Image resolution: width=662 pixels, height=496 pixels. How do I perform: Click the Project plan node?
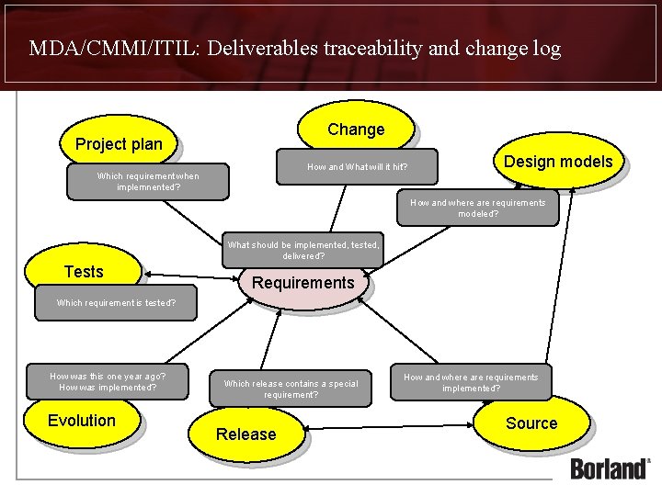(x=119, y=144)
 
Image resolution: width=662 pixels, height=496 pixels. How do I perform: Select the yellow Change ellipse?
(x=356, y=130)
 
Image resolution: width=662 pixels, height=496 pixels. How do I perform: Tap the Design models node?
(x=557, y=162)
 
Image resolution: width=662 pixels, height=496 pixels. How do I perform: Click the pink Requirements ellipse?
(x=302, y=283)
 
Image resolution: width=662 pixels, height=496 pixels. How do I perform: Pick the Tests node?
(x=84, y=272)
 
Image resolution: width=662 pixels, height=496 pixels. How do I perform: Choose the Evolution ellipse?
(x=82, y=421)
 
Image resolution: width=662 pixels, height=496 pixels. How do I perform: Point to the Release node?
(x=245, y=434)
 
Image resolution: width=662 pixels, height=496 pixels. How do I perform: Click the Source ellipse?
(x=531, y=423)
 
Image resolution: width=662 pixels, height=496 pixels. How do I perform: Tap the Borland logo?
(x=610, y=468)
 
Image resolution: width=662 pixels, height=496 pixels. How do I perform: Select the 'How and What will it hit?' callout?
(x=357, y=167)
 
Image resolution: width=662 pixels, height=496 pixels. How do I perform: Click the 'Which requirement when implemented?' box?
(x=148, y=182)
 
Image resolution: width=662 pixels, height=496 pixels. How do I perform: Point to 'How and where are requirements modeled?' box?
(x=477, y=208)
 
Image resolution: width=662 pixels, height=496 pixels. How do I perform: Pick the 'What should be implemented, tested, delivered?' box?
(x=302, y=250)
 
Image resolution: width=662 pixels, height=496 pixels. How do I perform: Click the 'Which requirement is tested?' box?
(x=116, y=302)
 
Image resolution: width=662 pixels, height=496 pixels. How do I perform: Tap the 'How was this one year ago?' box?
(x=108, y=381)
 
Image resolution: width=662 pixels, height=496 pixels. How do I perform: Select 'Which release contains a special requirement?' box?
(x=291, y=389)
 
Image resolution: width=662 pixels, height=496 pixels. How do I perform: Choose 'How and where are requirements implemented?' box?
(x=471, y=382)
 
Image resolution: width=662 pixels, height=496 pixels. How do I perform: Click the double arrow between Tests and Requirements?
(x=188, y=275)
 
